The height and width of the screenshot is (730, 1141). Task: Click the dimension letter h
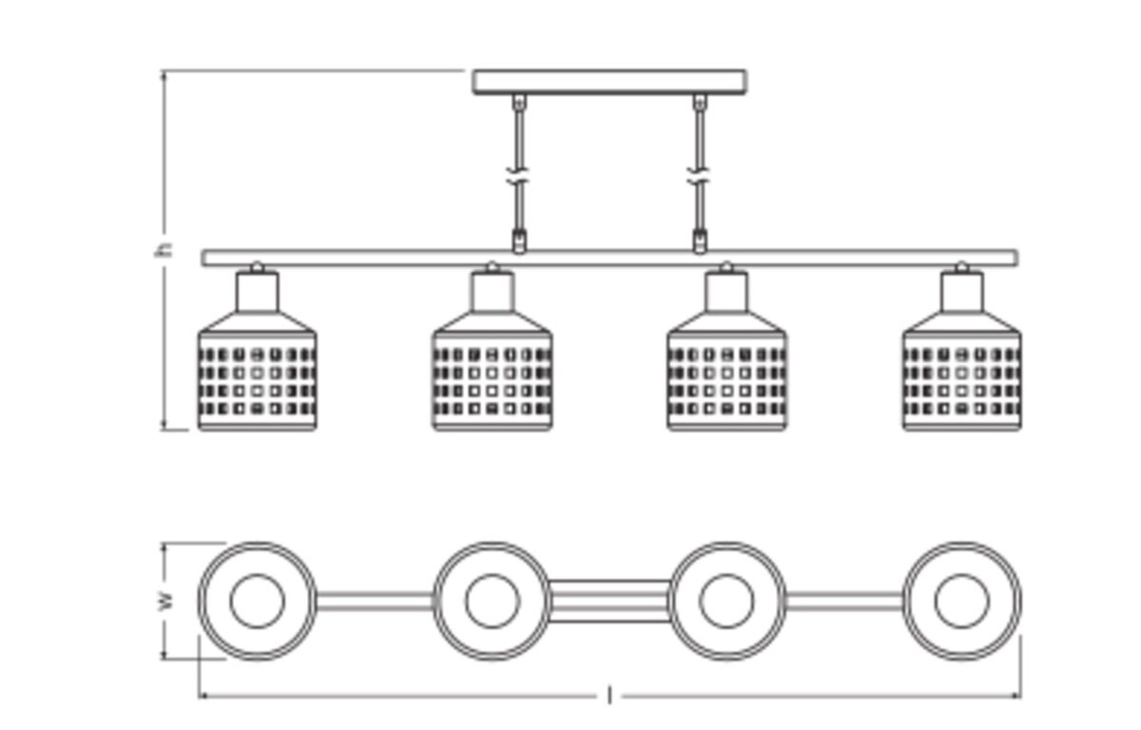[x=164, y=250]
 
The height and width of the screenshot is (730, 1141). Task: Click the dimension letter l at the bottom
[x=609, y=696]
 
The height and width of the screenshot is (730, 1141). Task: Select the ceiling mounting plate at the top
[x=609, y=82]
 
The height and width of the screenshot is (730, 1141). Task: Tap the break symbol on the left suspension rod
[x=518, y=176]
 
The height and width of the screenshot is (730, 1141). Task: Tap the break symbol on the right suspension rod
[x=700, y=176]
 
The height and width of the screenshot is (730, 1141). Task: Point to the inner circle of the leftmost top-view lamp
[x=258, y=575]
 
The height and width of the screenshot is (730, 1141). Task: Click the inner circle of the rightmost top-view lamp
[x=961, y=575]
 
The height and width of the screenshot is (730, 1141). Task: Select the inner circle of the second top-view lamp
[x=493, y=575]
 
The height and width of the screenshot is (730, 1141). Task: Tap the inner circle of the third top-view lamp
[x=726, y=575]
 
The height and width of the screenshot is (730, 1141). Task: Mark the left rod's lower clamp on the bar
[x=518, y=240]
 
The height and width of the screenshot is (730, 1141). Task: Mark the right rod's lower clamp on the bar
[x=700, y=240]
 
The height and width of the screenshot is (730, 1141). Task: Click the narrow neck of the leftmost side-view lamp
[x=258, y=292]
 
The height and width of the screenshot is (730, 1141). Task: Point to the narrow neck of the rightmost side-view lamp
[x=961, y=292]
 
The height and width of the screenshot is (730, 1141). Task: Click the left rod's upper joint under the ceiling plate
[x=519, y=102]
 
